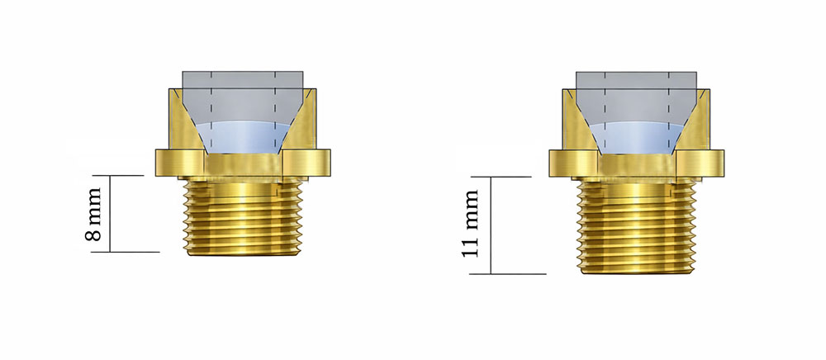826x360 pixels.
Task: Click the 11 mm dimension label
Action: [472, 225]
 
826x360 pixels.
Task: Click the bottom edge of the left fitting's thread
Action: [244, 254]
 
